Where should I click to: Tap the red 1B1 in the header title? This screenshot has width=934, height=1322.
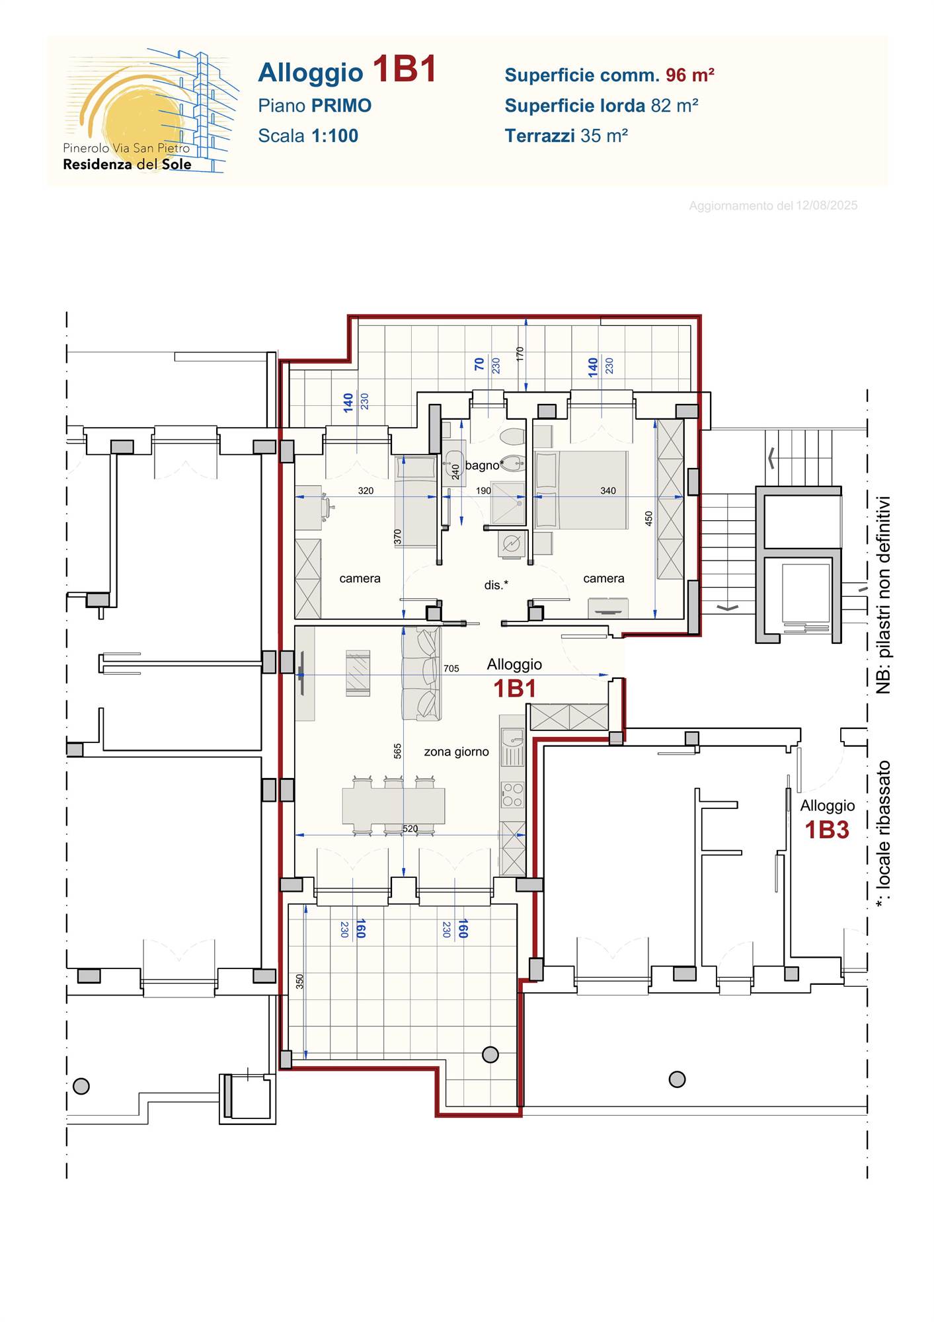point(405,69)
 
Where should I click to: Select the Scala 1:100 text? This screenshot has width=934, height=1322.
point(308,136)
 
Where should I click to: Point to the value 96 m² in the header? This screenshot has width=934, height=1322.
point(689,75)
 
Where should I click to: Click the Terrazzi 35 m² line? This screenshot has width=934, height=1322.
point(566,136)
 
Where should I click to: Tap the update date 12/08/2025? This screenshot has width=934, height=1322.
point(826,206)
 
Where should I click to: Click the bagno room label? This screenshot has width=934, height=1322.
point(483,465)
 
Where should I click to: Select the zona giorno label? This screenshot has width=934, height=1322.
point(456,752)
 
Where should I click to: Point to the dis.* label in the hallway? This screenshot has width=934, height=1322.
point(496,584)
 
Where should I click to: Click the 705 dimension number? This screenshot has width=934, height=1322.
point(451,668)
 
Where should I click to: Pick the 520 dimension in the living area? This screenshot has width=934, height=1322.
point(410,828)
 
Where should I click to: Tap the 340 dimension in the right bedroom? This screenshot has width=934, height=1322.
point(608,490)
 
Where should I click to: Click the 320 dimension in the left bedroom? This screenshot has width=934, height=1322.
point(366,490)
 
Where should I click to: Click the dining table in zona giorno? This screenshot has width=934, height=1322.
point(393,805)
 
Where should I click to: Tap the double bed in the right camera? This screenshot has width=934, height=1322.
point(581,490)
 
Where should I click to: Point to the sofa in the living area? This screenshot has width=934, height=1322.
point(421,673)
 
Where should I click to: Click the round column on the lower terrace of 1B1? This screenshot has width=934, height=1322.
point(490,1054)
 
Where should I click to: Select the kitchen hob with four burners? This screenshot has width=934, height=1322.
point(512,795)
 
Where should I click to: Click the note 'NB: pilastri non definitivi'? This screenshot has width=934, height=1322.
point(883,595)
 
